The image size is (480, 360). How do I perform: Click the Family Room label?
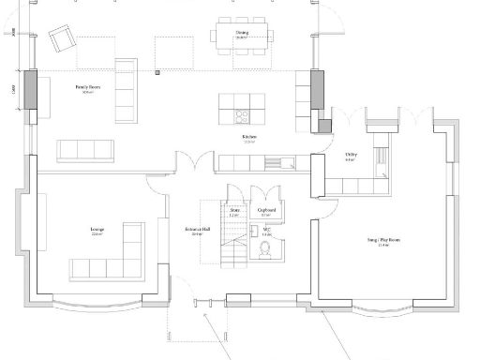pyautogui.click(x=88, y=89)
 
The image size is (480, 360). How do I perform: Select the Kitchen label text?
pyautogui.click(x=248, y=138)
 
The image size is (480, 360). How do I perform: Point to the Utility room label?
pyautogui.click(x=350, y=156)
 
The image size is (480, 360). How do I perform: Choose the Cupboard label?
pyautogui.click(x=265, y=213)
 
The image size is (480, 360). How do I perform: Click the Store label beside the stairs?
pyautogui.click(x=234, y=213)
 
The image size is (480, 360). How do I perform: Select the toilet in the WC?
pyautogui.click(x=265, y=248)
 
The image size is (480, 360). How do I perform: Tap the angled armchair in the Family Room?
pyautogui.click(x=64, y=38)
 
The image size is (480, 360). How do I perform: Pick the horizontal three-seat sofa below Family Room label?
pyautogui.click(x=84, y=149)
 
